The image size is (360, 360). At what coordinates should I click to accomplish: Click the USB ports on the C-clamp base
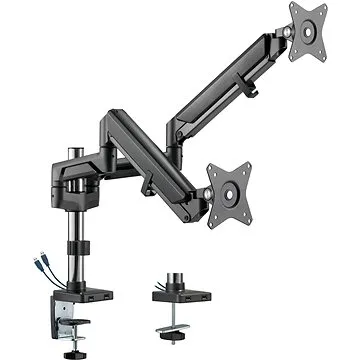[x=98, y=297]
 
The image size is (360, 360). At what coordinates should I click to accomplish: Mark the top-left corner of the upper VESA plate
[x=293, y=7]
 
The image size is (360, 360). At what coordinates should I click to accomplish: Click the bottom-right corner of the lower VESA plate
[x=256, y=216]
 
